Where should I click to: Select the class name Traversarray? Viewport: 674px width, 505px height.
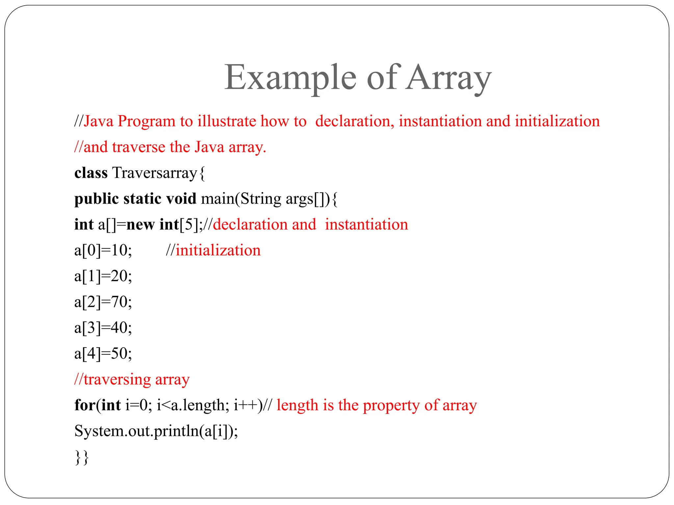[155, 173]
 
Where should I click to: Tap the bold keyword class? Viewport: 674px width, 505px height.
[91, 173]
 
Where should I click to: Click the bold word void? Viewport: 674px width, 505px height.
[181, 199]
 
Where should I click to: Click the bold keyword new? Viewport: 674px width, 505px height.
[140, 225]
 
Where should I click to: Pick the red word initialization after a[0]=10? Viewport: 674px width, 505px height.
[218, 251]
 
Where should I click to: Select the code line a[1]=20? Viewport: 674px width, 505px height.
[103, 276]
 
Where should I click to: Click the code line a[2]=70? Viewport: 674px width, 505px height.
[103, 302]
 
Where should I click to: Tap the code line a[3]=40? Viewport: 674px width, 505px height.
[103, 328]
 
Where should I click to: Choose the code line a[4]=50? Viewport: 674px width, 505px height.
[103, 353]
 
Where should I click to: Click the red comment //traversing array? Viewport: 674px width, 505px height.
[132, 379]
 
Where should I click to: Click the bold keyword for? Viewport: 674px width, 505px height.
[85, 405]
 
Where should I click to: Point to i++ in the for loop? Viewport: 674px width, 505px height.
[246, 405]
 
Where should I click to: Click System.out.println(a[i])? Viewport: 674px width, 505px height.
[156, 431]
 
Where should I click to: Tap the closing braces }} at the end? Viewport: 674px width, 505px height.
[82, 457]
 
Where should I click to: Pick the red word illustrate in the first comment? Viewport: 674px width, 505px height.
[226, 121]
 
